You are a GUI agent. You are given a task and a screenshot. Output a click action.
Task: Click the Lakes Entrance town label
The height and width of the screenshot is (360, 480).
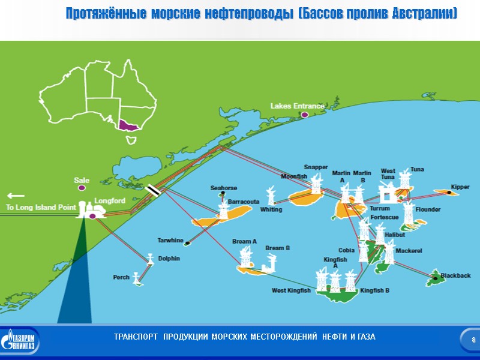297,106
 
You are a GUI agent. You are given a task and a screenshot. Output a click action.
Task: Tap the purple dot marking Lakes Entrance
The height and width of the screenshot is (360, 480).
304,114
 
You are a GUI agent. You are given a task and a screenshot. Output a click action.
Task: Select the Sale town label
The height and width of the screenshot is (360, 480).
82,180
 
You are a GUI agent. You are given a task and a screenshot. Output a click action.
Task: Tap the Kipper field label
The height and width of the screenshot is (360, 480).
460,187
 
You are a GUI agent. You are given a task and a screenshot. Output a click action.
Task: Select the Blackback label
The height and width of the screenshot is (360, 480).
455,275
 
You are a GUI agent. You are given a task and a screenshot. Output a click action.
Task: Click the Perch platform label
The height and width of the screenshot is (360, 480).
121,277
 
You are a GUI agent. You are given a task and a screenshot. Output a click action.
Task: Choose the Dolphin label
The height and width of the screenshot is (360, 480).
169,258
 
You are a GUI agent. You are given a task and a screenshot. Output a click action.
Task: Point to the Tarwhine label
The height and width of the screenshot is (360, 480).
170,241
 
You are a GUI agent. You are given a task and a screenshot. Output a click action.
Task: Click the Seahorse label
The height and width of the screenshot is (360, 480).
223,188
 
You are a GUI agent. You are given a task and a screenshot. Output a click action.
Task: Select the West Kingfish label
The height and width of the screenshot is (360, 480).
291,291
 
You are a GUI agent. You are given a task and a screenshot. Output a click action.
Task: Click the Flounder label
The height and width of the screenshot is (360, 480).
428,209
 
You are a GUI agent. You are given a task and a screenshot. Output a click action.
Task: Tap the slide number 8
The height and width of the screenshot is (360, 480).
473,341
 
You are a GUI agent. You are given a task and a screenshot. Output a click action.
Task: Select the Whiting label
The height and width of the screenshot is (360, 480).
271,210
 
